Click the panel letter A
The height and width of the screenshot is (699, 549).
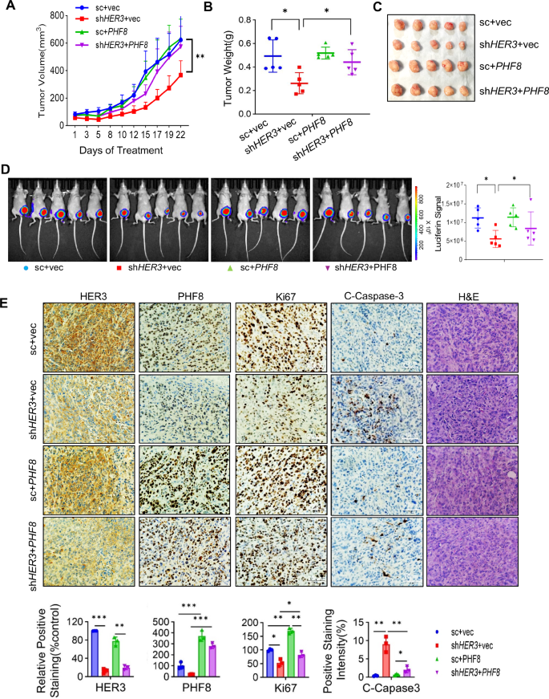click(9, 9)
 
